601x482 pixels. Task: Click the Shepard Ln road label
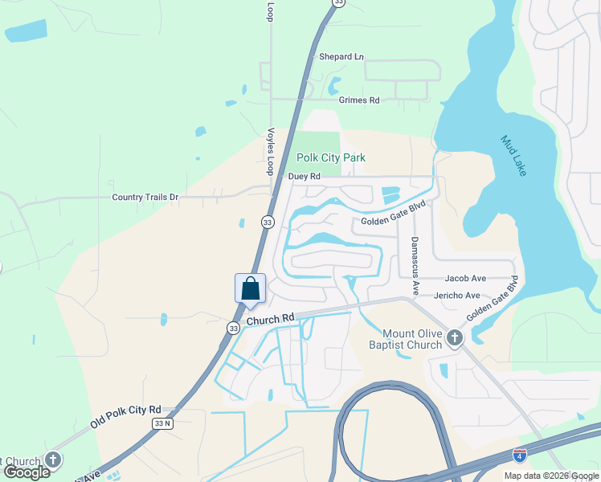pos(341,57)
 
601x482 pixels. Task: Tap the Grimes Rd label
pos(358,100)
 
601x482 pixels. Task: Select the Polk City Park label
pos(331,158)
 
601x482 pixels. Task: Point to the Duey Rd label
pos(304,176)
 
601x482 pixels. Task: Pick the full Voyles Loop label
pos(271,151)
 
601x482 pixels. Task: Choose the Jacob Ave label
pos(465,278)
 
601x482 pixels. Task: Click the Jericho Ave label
pos(456,296)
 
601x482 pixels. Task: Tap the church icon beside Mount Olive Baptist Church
pos(455,338)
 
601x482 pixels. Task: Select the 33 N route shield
pos(163,423)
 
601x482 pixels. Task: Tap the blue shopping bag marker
pos(250,288)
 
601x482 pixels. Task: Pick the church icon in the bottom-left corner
pos(53,460)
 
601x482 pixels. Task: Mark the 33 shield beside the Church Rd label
pos(233,328)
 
